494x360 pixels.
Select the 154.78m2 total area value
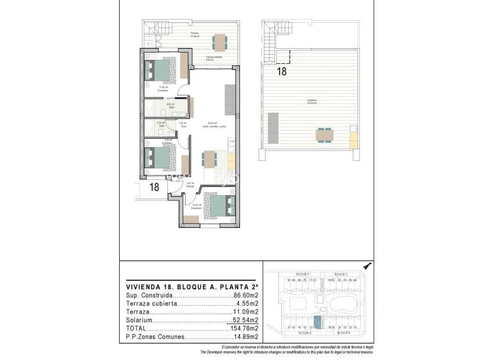pos(245,328)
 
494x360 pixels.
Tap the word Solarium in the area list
pos(138,320)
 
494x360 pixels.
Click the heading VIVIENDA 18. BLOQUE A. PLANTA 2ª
pos(192,286)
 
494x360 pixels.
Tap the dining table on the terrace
pos(220,42)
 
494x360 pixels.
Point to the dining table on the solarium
pos(325,135)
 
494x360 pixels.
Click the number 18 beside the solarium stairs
pos(282,72)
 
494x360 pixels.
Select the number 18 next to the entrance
pos(154,187)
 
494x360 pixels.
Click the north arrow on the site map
pos(366,266)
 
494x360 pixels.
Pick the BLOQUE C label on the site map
pos(341,273)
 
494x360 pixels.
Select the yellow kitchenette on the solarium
pos(352,139)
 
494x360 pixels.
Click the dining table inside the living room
pos(208,159)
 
